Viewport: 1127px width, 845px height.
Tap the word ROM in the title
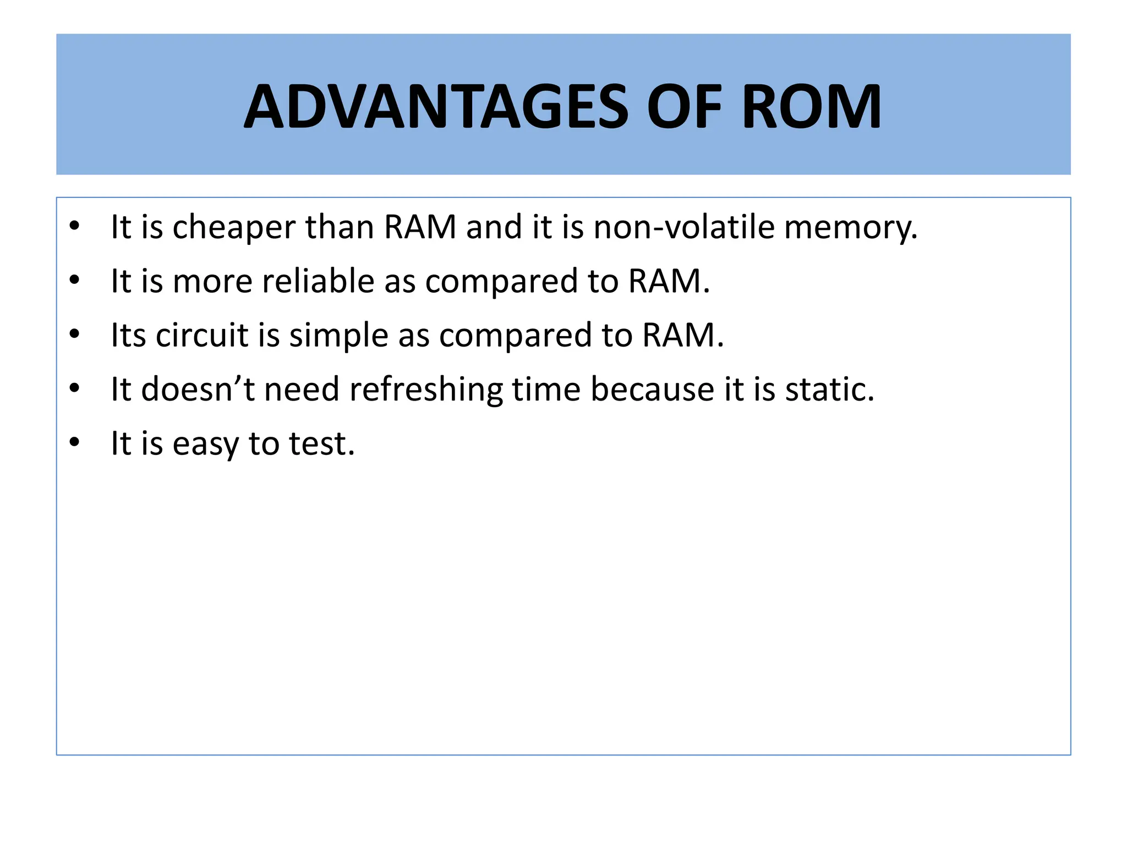click(811, 107)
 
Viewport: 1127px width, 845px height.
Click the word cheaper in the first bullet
click(234, 227)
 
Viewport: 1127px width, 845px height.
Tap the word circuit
click(202, 335)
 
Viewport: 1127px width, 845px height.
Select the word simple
click(339, 335)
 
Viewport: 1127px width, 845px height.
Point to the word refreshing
click(426, 389)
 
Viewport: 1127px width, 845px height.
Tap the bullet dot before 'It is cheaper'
click(75, 226)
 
